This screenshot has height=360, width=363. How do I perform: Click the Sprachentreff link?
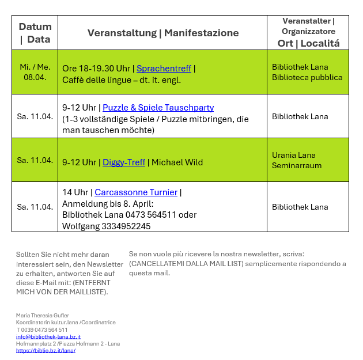coord(164,69)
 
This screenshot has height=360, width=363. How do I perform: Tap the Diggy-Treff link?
coord(124,162)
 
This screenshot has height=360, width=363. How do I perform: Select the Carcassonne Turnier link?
coord(137,192)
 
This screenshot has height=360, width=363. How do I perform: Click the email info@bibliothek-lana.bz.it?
coord(48,336)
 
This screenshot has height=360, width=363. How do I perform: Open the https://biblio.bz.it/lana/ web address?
coord(46,350)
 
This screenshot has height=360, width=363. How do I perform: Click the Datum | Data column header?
coord(35,33)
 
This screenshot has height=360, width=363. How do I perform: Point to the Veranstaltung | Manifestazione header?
coord(163,33)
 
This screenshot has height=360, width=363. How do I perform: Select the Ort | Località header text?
coord(308,43)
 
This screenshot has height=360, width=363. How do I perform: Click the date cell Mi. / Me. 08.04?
coord(35,72)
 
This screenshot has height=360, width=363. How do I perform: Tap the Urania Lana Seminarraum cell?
coord(297,160)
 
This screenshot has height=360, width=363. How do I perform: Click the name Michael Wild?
coord(177,162)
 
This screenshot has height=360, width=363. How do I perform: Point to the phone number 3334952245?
coord(124,226)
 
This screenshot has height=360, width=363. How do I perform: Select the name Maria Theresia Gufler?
coord(42,316)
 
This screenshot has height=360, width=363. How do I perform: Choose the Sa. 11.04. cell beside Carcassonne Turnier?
coord(35,207)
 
